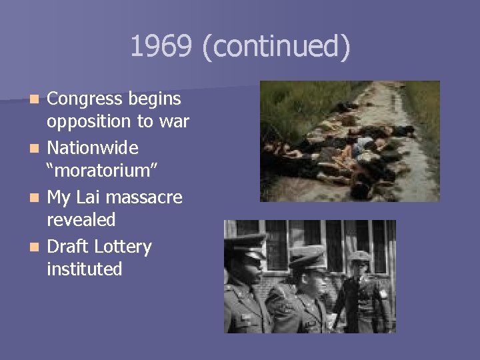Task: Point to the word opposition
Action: tap(89, 122)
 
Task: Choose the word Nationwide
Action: tap(92, 147)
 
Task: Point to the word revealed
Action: tap(81, 220)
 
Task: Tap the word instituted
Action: tap(85, 269)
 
